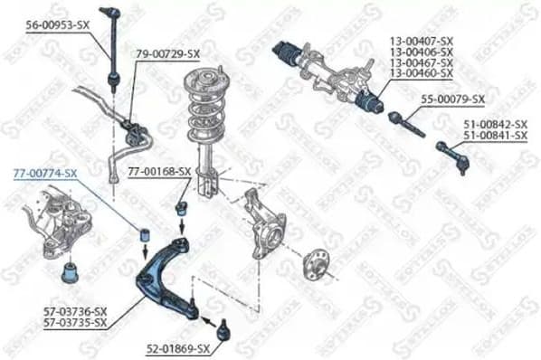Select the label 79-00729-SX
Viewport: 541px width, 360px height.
tap(167, 55)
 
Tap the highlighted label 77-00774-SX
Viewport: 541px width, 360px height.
tap(45, 172)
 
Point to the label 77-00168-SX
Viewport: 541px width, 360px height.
tap(158, 170)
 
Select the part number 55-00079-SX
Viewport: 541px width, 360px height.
tap(453, 99)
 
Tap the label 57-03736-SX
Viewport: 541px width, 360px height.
tap(75, 310)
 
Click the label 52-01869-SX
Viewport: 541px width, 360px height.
tap(177, 348)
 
